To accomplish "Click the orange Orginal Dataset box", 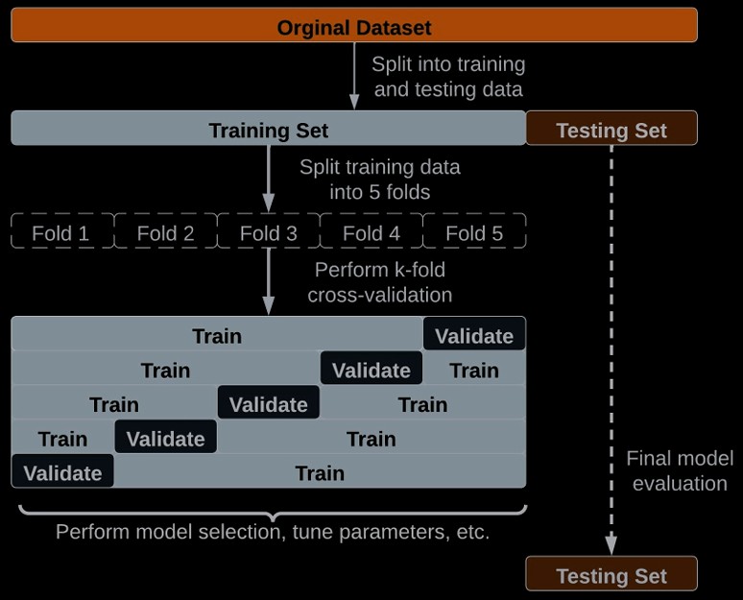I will (353, 26).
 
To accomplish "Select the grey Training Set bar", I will (268, 130).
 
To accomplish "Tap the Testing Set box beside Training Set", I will (611, 130).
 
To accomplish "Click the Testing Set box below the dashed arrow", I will (611, 575).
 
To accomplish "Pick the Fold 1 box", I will (61, 232).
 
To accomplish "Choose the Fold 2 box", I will (165, 232).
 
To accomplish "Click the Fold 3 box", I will (268, 232).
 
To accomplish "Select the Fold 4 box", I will (371, 232).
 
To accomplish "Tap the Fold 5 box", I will (474, 232).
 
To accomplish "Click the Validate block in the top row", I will (474, 335).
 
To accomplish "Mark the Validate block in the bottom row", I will (62, 472).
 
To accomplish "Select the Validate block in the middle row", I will (269, 404).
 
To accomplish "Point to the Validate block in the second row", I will (371, 370).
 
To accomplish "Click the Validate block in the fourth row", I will (166, 439).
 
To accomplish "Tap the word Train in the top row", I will (217, 335).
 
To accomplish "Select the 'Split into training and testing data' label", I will (447, 77).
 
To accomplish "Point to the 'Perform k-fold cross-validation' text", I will (380, 282).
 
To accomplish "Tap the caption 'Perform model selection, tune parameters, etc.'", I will (273, 531).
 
